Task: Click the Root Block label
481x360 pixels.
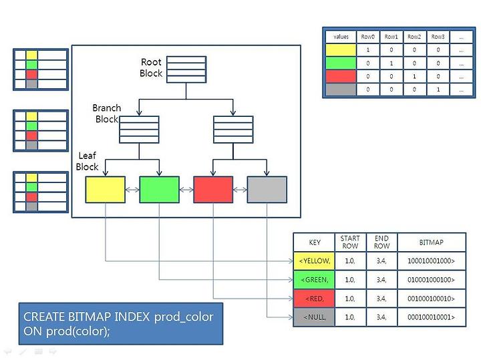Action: point(151,67)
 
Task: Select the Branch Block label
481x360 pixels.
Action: point(106,114)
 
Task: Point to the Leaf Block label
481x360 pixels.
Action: point(87,161)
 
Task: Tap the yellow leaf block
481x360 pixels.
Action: point(106,190)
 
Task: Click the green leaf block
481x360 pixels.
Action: point(159,190)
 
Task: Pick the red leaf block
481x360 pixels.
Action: point(213,190)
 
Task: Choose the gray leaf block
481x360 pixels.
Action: point(267,190)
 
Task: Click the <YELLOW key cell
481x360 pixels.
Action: point(314,261)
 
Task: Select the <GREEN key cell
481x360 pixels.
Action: point(314,280)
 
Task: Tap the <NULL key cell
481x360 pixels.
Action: point(314,317)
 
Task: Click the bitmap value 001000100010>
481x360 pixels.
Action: point(431,299)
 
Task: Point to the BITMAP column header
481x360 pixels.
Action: point(431,242)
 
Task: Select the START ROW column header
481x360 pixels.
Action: point(350,242)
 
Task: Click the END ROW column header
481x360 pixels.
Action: point(381,242)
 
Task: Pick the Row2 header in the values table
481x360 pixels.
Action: point(414,37)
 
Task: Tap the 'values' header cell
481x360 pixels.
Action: point(341,37)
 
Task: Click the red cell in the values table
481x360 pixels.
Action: point(341,76)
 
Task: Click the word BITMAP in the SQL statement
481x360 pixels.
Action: point(90,317)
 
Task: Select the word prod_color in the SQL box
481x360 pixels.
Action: point(184,317)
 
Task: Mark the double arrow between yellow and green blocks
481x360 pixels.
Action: point(132,190)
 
